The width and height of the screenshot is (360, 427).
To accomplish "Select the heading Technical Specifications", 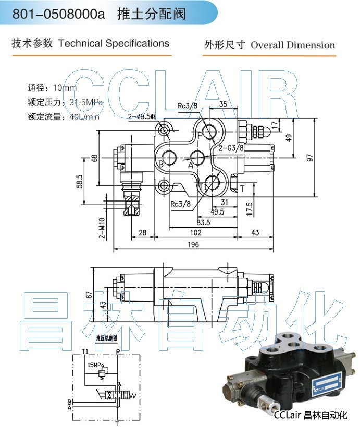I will [114, 43].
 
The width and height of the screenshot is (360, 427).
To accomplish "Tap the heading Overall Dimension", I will [293, 45].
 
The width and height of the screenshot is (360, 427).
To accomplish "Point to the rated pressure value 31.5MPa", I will [86, 102].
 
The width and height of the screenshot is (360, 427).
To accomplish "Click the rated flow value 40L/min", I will [84, 117].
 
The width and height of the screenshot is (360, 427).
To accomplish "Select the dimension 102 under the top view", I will [195, 233].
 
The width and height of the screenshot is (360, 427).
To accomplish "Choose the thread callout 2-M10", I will [102, 228].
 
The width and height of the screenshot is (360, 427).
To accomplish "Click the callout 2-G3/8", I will [231, 148].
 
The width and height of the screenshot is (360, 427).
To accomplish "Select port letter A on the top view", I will [191, 165].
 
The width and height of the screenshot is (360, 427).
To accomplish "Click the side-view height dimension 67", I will [90, 295].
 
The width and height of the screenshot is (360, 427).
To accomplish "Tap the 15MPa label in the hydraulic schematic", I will [96, 366].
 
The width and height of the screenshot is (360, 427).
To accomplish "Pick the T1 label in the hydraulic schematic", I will [84, 351].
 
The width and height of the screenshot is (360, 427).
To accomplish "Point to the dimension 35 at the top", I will [222, 104].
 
